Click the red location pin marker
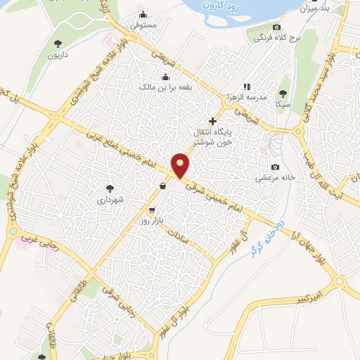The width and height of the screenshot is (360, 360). tap(181, 165)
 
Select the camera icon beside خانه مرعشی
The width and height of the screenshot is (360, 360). tap(275, 167)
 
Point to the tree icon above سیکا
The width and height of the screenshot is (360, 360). tap(283, 93)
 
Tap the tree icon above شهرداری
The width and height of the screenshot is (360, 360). tap(110, 188)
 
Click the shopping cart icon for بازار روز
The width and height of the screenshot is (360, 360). tap(152, 210)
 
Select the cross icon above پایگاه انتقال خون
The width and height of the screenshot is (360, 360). tap(212, 121)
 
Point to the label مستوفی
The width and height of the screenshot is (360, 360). tap(143, 25)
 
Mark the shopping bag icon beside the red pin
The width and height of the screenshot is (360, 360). tap(163, 186)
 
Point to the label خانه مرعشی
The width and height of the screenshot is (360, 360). tap(277, 179)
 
